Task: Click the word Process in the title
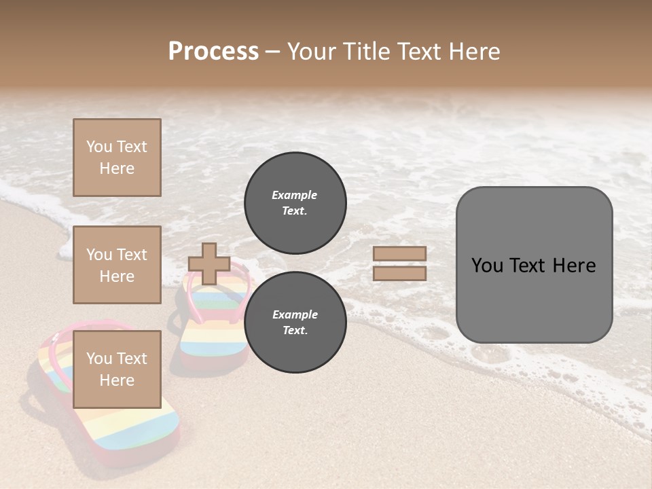[213, 52]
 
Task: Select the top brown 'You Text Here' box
[117, 158]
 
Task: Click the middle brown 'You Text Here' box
[117, 265]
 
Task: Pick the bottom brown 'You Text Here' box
[117, 369]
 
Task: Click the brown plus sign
[209, 264]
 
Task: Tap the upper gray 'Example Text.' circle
[295, 202]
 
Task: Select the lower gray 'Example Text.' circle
[295, 322]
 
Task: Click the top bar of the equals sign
[399, 253]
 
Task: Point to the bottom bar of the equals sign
[399, 274]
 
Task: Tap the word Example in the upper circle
[295, 195]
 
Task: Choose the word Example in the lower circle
[295, 314]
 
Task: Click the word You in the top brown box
[99, 147]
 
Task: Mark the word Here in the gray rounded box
[574, 266]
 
